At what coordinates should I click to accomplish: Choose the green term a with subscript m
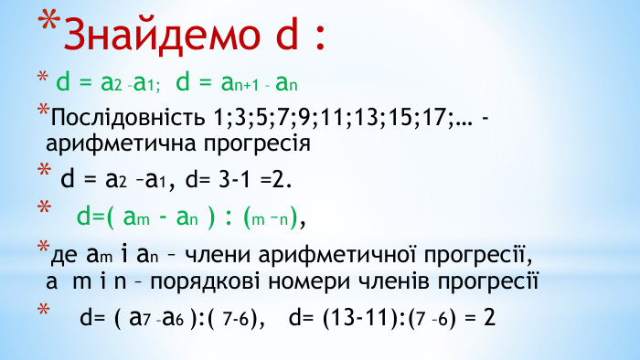(x=134, y=217)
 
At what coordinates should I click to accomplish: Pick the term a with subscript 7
(x=141, y=319)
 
